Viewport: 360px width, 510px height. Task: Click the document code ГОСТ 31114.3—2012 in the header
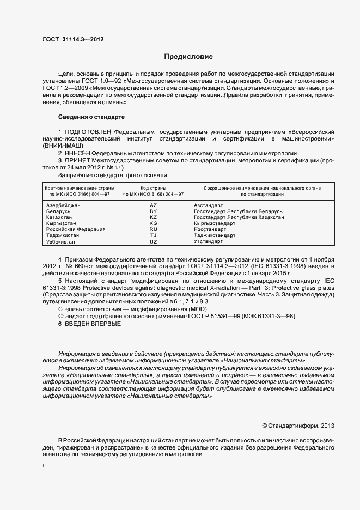72,39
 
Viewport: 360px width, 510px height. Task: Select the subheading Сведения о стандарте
91,117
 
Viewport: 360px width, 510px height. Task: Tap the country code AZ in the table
153,205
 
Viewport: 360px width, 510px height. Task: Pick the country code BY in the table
153,211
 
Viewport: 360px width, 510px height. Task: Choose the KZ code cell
153,217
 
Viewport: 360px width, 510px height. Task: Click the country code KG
153,223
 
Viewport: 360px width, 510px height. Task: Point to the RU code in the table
153,229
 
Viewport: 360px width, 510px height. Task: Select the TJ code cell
153,235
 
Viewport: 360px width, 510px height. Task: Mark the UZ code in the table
153,241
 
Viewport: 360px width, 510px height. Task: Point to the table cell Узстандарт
208,241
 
